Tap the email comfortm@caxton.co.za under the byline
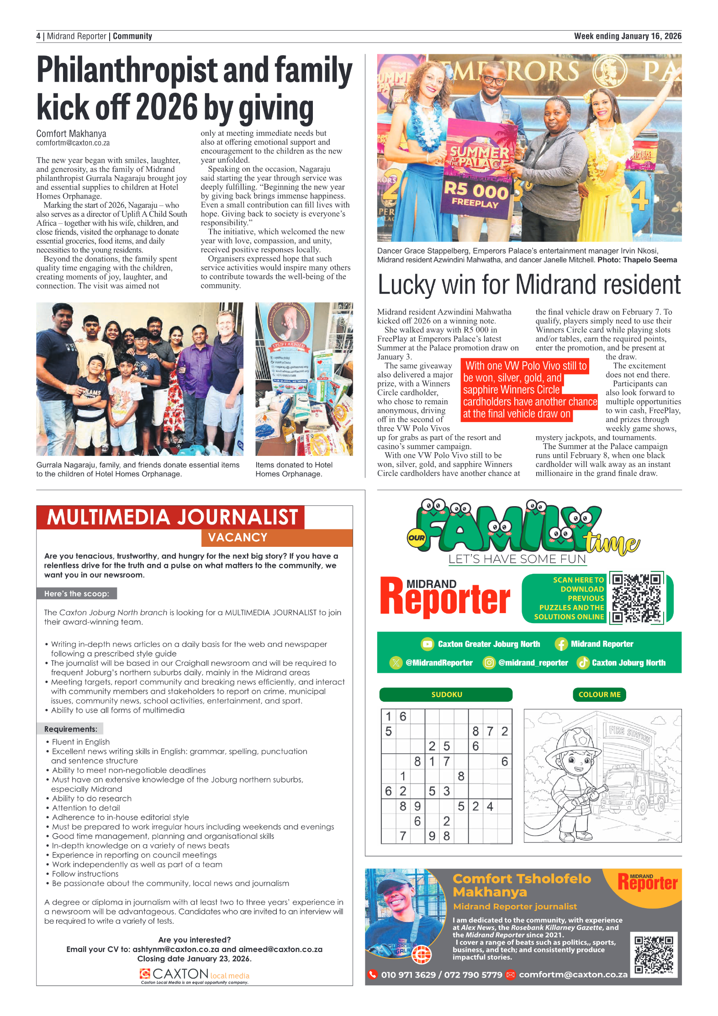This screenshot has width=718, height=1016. (73, 143)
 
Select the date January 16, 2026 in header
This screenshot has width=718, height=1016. (650, 36)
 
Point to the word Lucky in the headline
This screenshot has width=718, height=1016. (407, 285)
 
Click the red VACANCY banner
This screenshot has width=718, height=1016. (277, 537)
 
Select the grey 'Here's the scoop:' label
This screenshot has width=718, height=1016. (77, 593)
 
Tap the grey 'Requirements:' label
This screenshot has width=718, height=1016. (70, 729)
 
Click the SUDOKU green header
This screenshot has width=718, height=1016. (446, 694)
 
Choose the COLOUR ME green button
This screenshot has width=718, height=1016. (599, 694)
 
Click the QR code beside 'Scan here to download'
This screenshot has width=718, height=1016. (636, 597)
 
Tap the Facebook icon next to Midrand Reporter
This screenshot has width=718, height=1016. (561, 644)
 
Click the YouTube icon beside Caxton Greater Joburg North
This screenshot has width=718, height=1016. (427, 644)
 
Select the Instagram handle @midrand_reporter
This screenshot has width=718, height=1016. (533, 662)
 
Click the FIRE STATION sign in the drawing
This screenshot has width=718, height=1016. (630, 733)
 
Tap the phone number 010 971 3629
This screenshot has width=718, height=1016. (408, 974)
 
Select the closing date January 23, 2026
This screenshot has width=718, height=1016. (217, 958)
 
